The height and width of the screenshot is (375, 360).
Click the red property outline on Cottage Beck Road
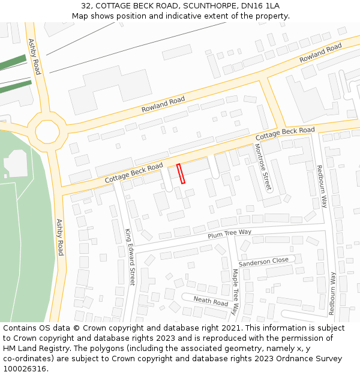(181, 173)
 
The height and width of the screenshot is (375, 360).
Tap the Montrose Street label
(263, 167)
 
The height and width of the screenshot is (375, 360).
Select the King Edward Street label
(130, 256)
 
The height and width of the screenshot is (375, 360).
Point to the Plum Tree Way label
(229, 233)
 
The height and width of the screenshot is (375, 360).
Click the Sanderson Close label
(263, 262)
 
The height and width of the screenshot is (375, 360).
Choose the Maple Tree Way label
(235, 292)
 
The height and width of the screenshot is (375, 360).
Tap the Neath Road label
(211, 301)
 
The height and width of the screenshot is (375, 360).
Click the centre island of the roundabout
(47, 130)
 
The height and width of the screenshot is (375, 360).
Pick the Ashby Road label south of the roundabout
(59, 237)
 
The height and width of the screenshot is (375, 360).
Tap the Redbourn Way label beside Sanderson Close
(332, 293)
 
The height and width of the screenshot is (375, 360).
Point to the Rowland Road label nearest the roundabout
(163, 105)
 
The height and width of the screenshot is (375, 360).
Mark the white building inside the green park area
(16, 163)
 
